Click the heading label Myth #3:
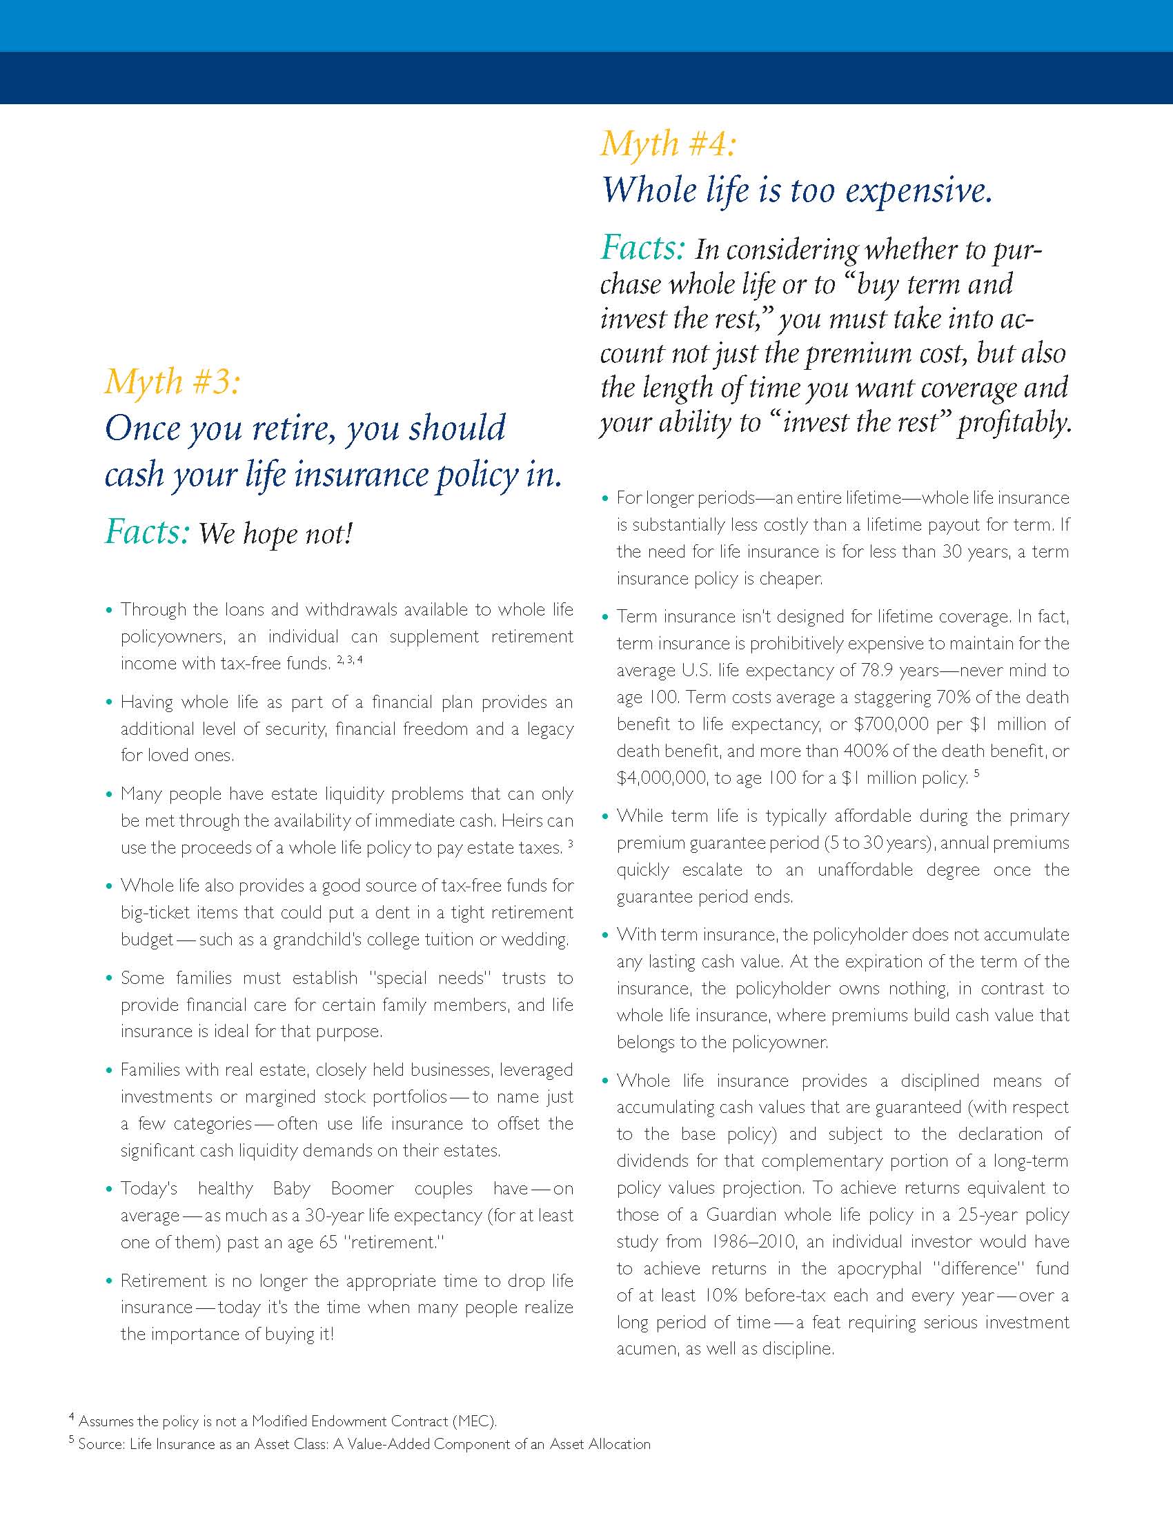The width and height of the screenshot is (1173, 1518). click(x=172, y=382)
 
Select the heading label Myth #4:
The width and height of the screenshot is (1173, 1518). click(x=668, y=144)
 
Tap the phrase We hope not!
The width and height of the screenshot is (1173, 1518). click(x=276, y=534)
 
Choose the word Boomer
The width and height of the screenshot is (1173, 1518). click(x=362, y=1188)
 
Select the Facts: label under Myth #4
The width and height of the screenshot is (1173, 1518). click(x=643, y=248)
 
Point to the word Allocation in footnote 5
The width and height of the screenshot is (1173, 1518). click(x=615, y=1443)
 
